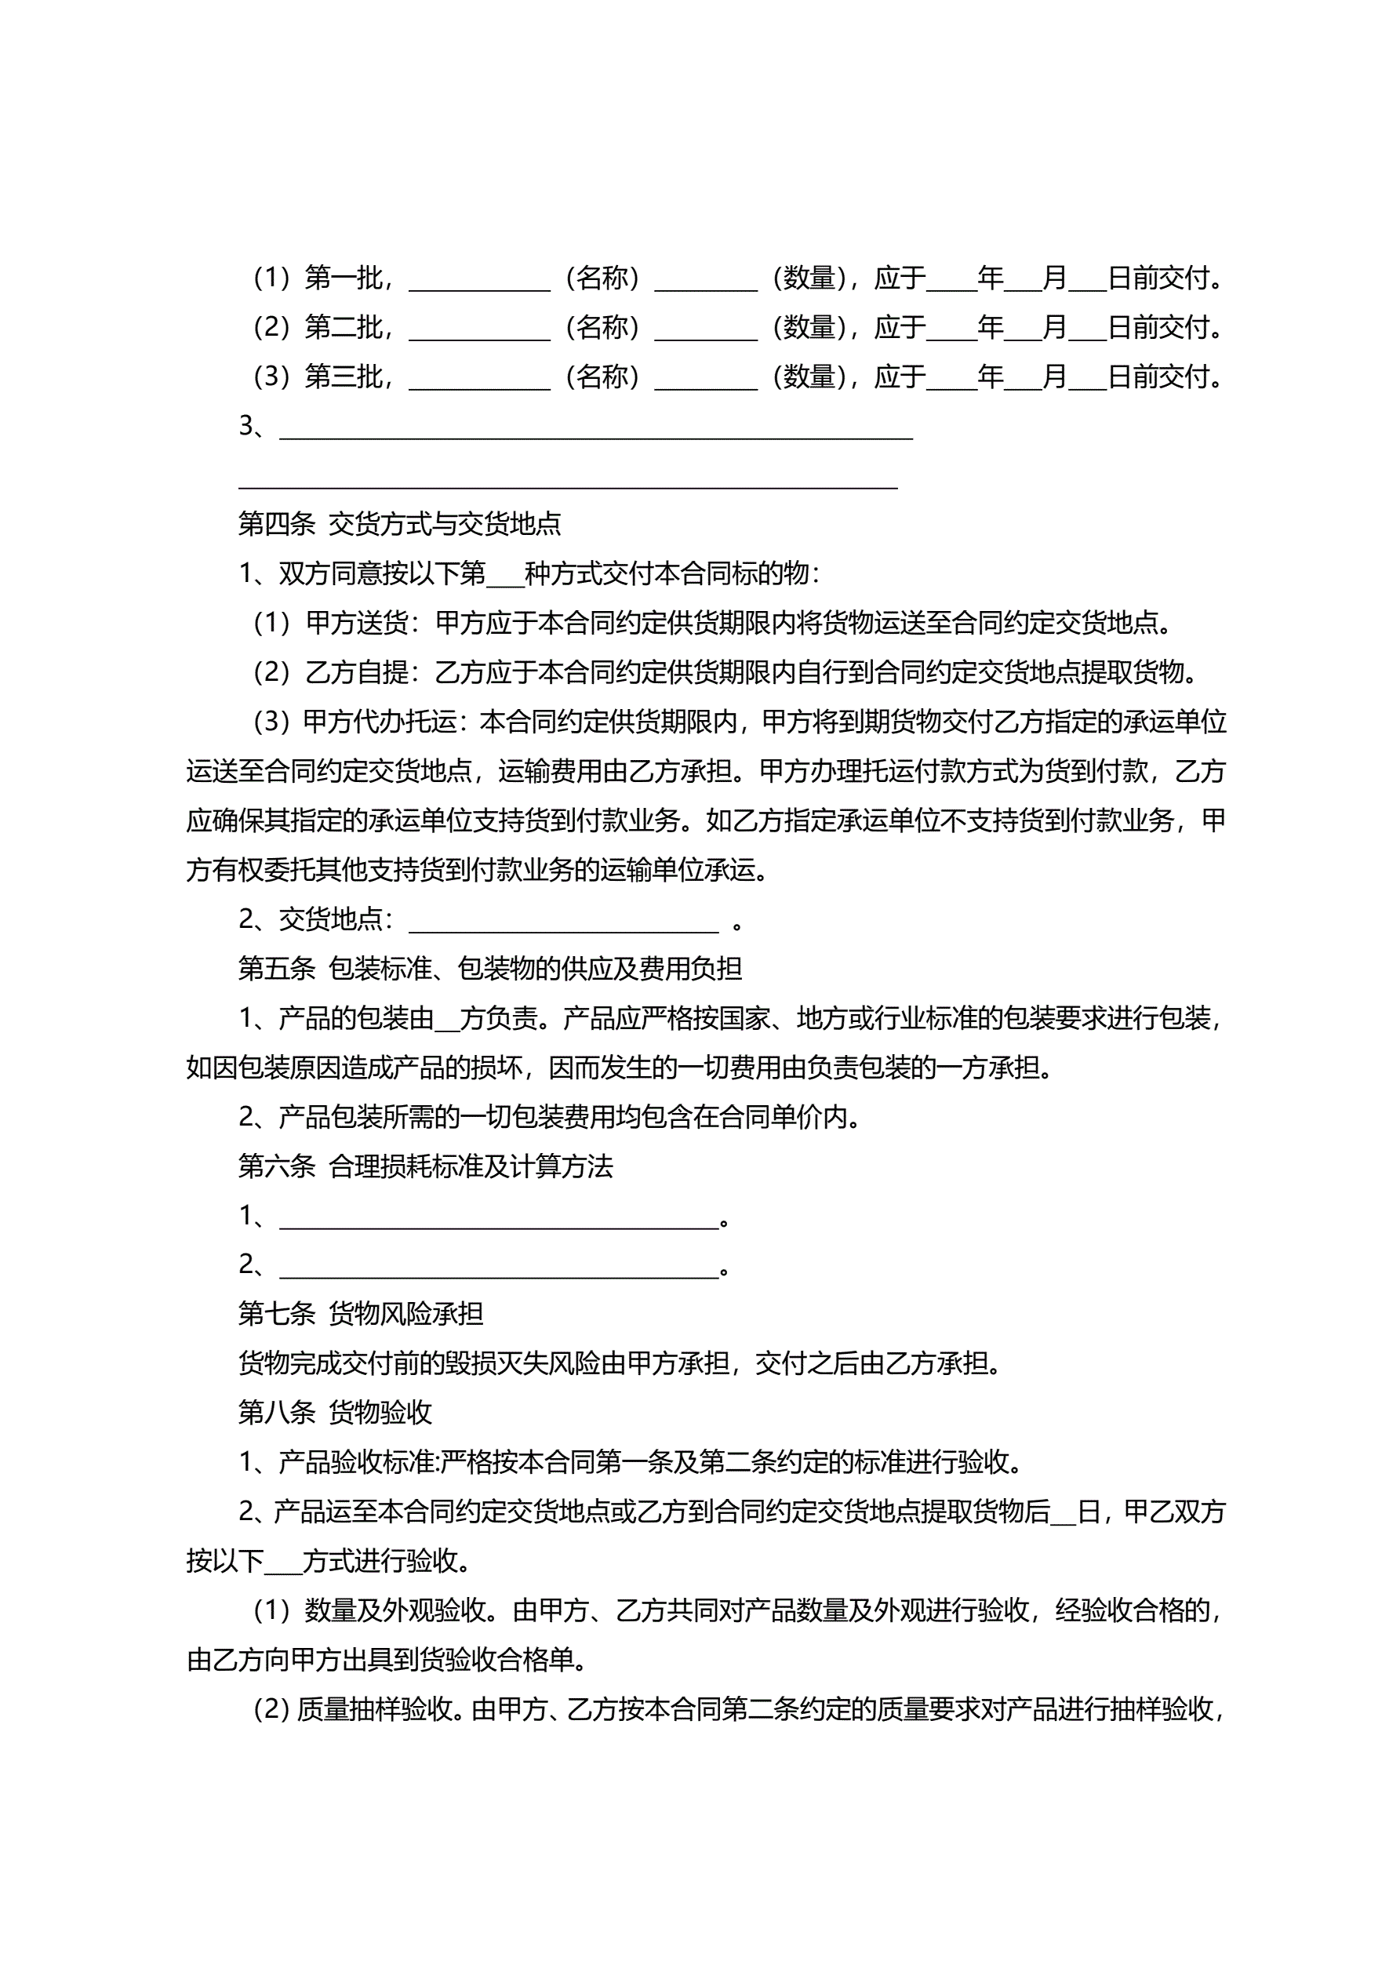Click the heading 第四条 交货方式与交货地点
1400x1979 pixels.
click(x=399, y=523)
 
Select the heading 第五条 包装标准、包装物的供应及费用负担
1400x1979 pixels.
click(x=489, y=969)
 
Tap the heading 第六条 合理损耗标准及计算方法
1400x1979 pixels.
click(x=425, y=1166)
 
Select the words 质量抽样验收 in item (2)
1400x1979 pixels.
click(x=375, y=1708)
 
